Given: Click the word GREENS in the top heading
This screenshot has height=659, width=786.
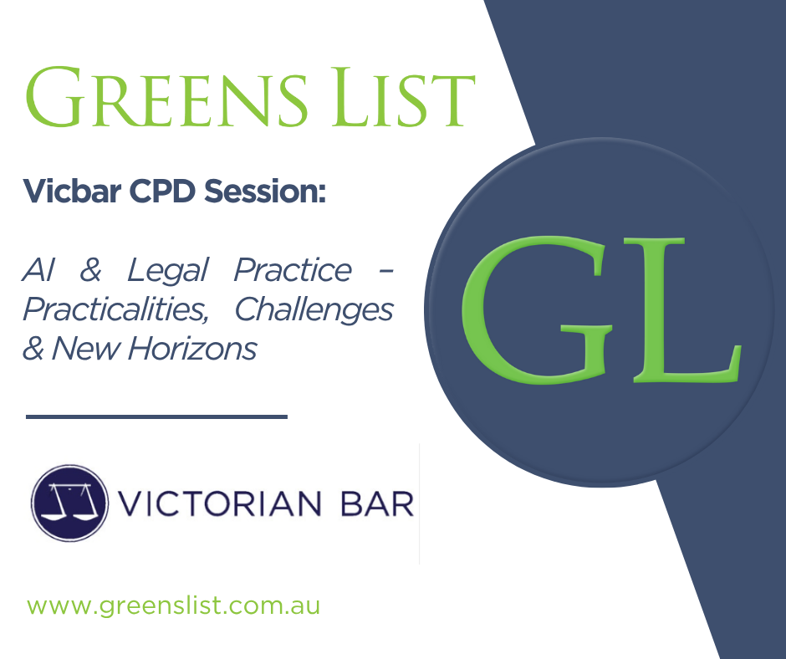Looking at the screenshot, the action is [x=166, y=96].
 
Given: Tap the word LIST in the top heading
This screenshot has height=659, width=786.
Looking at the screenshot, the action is [x=403, y=96].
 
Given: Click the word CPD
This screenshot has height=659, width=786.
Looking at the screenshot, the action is [x=162, y=191].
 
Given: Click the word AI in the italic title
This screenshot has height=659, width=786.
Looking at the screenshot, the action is [x=38, y=270].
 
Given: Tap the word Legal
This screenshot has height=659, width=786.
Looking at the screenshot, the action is [x=167, y=271].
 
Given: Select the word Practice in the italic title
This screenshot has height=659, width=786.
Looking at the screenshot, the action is [x=293, y=270].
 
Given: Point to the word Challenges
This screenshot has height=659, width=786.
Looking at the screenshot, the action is [x=314, y=310].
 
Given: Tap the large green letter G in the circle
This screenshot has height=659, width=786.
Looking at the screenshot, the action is [x=535, y=310].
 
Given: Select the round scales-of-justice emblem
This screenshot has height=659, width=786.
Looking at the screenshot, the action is [x=69, y=503].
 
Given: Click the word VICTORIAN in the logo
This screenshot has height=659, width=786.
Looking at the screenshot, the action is [x=220, y=503].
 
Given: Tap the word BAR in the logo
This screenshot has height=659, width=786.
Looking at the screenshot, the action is [x=377, y=503].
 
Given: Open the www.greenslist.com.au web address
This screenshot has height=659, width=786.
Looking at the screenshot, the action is [x=173, y=605].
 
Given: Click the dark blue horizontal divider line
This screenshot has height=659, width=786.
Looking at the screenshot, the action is [x=156, y=416].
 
